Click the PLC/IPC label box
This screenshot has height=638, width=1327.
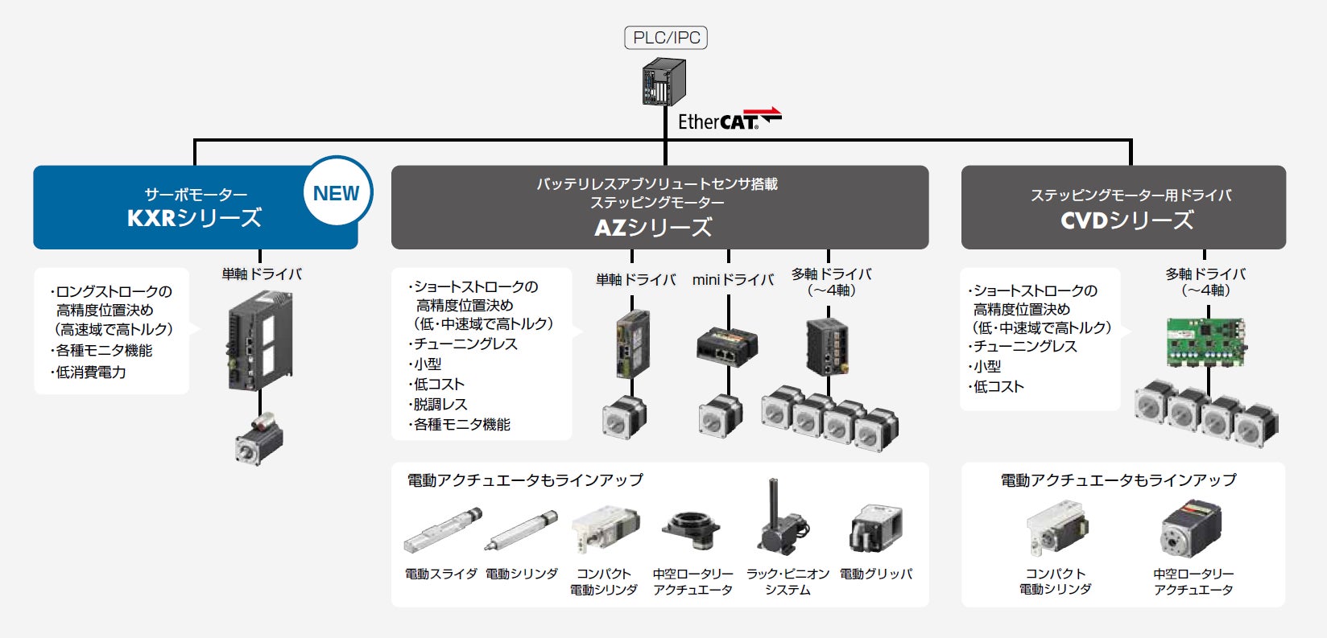pos(666,38)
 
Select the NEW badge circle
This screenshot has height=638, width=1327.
pos(337,193)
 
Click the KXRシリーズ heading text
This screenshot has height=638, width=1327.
pos(194,218)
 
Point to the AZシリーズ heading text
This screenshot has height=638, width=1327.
pos(653,228)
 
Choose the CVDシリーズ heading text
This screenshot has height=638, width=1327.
pos(1127,220)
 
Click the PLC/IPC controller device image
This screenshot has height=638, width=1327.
pos(664,82)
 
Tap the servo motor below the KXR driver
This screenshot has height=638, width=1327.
pos(259,438)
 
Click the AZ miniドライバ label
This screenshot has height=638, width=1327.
pos(733,280)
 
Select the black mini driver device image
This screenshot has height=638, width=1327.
pos(726,345)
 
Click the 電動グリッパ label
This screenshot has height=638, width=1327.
pos(876,574)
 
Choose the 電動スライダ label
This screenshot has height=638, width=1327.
pos(440,574)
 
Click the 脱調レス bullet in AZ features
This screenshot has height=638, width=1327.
pos(440,404)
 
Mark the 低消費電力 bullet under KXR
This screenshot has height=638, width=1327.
pos(90,372)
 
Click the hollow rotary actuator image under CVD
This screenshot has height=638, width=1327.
pos(1192,529)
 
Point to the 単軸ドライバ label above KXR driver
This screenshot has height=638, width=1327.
pos(262,274)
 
